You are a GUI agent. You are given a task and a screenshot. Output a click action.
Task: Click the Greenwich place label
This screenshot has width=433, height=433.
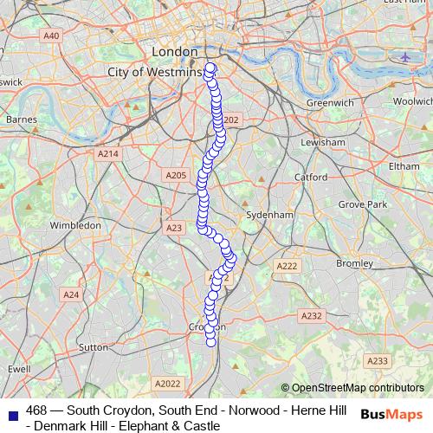tap(330, 102)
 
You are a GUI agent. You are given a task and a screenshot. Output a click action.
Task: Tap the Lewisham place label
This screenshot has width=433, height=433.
tap(323, 141)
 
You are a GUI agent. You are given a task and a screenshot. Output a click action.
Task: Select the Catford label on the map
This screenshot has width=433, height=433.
tap(311, 177)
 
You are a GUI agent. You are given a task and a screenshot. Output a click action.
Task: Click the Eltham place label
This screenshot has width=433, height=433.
tap(404, 165)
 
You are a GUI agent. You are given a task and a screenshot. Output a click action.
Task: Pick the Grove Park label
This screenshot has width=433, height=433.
tap(362, 204)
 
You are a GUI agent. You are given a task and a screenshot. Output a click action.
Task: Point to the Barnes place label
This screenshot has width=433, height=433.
tap(21, 119)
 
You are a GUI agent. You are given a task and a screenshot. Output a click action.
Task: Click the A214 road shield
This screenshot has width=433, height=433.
tap(107, 153)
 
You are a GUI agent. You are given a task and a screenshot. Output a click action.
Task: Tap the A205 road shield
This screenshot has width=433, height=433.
tap(176, 175)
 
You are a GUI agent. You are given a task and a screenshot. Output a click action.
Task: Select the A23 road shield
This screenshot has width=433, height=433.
tap(174, 228)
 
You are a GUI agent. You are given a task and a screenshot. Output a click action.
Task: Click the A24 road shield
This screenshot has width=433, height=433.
tap(71, 294)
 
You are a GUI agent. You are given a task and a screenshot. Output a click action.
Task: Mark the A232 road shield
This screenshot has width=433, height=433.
tap(312, 316)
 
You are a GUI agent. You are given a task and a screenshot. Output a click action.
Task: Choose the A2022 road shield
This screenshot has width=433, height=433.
tap(167, 383)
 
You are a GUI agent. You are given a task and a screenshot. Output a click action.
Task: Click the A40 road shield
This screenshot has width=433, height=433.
tap(52, 36)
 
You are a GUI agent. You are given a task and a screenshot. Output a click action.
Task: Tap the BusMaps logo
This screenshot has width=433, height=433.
tap(392, 414)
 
